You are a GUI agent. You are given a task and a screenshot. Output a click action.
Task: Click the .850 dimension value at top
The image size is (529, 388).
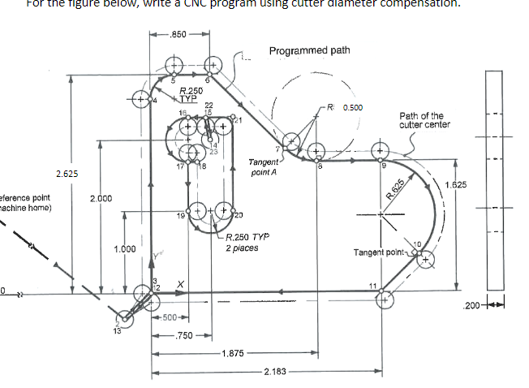(x=179, y=35)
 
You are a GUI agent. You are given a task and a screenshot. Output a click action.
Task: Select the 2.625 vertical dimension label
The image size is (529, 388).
(x=67, y=174)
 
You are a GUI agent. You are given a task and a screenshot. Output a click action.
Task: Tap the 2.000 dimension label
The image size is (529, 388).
(x=101, y=198)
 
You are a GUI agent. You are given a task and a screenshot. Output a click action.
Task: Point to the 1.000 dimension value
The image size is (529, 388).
(x=125, y=248)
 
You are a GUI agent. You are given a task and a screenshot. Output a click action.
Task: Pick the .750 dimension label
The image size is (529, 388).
(x=188, y=335)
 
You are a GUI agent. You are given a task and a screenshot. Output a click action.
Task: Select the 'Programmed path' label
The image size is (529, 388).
(x=309, y=50)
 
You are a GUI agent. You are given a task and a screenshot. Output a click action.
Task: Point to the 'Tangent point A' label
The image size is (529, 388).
(x=265, y=168)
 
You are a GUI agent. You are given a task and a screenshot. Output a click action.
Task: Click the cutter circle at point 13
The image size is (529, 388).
(x=125, y=318)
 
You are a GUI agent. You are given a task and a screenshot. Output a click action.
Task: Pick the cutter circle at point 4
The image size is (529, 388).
(x=139, y=100)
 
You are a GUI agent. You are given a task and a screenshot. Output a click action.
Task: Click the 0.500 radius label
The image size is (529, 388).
(x=352, y=106)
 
